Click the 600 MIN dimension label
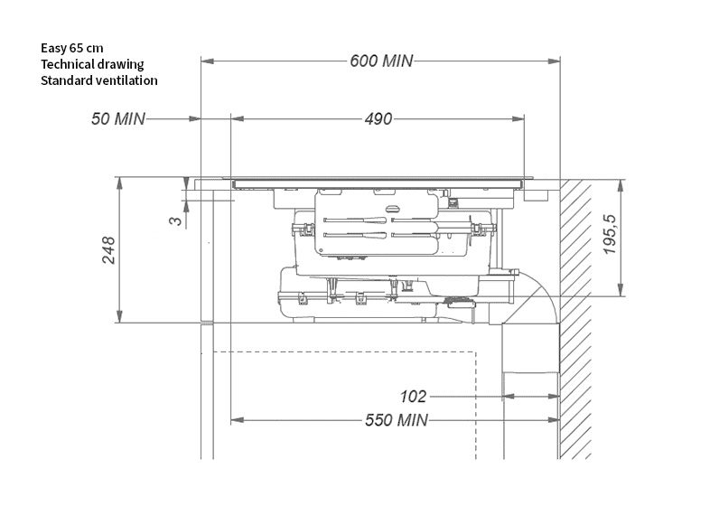coord(380,61)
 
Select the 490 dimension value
coord(379,118)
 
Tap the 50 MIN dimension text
coord(117,118)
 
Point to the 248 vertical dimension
coord(108,250)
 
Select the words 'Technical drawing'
coord(92,63)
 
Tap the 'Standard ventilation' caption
coord(99,80)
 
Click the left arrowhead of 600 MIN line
coord(205,61)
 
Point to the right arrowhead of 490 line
coord(521,118)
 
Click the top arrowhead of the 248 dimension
coord(119,182)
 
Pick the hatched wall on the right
coord(574,316)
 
